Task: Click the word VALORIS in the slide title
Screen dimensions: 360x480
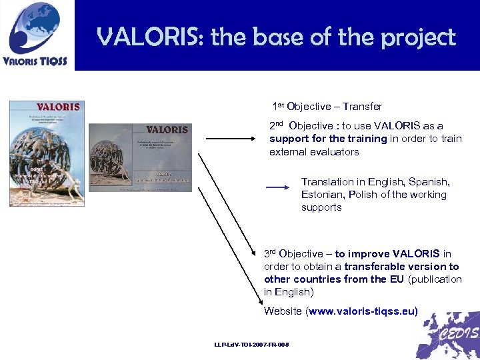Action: pyautogui.click(x=150, y=37)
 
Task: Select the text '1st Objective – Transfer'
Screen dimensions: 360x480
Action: pyautogui.click(x=327, y=107)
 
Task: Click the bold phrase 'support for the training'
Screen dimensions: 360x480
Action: pyautogui.click(x=328, y=139)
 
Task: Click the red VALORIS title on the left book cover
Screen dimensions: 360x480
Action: pyautogui.click(x=58, y=107)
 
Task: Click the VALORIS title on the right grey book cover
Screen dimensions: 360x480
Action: pyautogui.click(x=166, y=129)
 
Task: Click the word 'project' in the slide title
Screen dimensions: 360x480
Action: pyautogui.click(x=418, y=37)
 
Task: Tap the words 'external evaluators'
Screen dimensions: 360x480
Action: pyautogui.click(x=314, y=152)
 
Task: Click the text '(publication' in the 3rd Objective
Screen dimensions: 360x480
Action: pyautogui.click(x=435, y=279)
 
